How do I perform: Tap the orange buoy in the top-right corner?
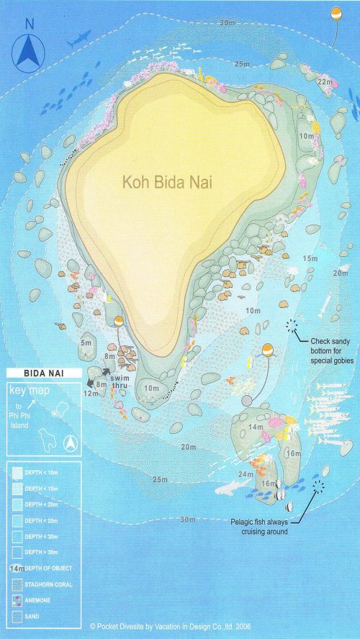coord(336,14)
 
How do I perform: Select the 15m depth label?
coord(310,258)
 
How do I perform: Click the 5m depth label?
coord(86,343)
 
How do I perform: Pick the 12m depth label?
coord(91,394)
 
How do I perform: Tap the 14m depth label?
coord(256,427)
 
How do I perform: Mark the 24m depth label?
coord(246,474)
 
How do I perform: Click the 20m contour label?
coord(189,447)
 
